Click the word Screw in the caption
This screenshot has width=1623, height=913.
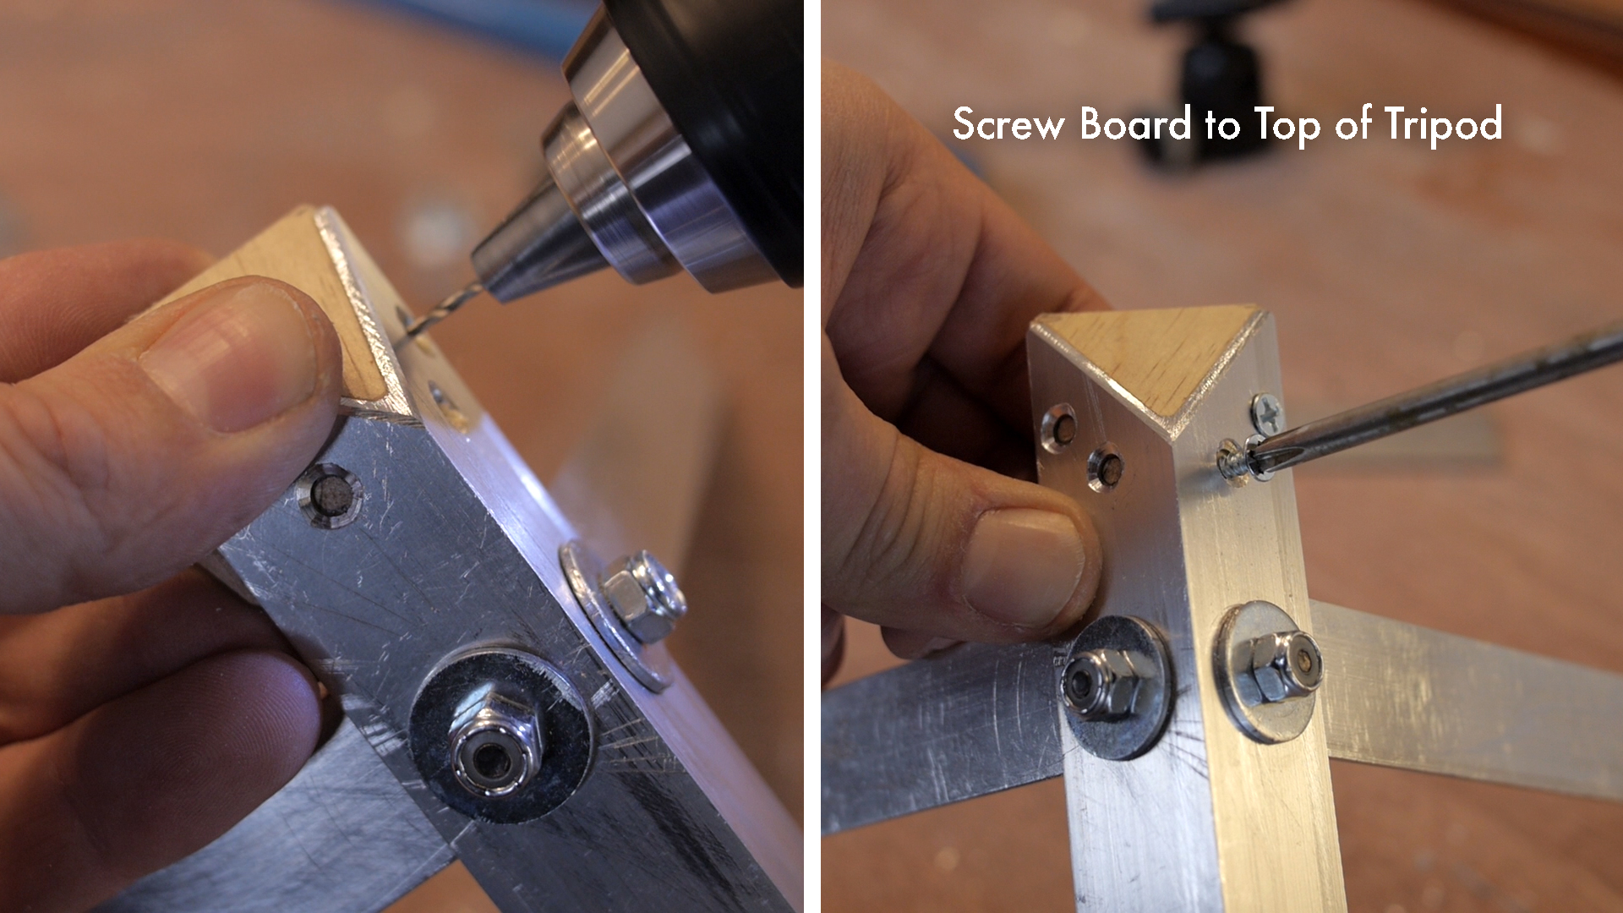click(1008, 124)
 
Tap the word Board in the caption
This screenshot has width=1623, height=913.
click(1135, 124)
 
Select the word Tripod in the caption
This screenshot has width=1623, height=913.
click(1443, 126)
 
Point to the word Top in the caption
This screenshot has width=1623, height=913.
click(1286, 126)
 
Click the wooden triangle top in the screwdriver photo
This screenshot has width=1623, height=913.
click(1150, 355)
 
